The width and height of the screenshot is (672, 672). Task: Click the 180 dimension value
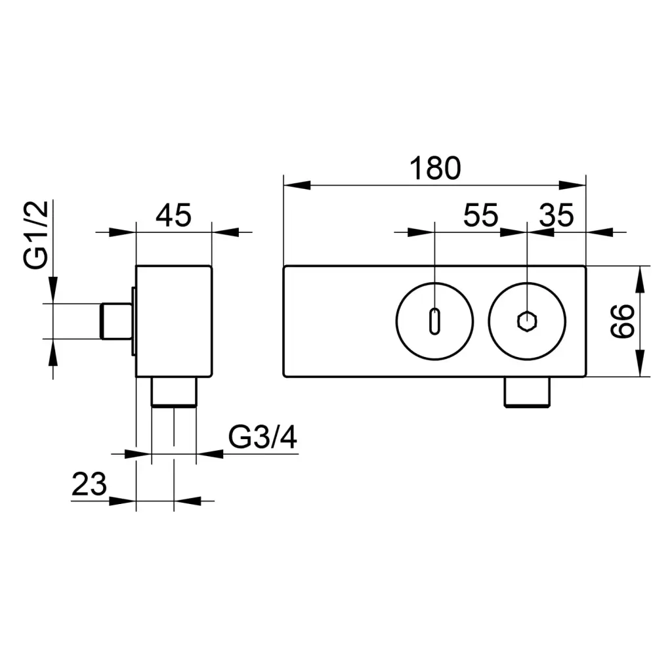tap(436, 169)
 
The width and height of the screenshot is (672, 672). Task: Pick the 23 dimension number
tap(89, 486)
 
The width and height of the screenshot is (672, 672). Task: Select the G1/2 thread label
tap(38, 236)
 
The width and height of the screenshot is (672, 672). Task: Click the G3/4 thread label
tap(262, 437)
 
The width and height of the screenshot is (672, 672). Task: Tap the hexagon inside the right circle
tap(527, 322)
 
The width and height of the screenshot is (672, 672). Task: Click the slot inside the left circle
tap(434, 322)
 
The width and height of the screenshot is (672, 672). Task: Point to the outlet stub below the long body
tap(527, 392)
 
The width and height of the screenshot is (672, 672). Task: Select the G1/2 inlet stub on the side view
tap(115, 321)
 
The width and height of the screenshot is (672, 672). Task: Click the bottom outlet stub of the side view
tap(174, 392)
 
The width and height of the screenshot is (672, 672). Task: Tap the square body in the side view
tap(174, 321)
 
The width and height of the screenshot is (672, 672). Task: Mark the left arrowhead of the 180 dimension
tap(295, 185)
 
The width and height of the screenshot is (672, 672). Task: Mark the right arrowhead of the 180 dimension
tap(573, 185)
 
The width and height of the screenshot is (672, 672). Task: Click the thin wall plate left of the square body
tap(133, 321)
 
